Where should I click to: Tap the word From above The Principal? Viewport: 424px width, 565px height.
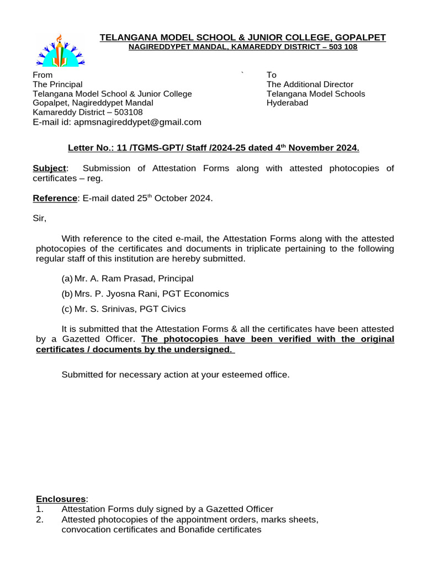click(x=43, y=75)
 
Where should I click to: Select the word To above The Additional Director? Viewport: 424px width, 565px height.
click(x=272, y=75)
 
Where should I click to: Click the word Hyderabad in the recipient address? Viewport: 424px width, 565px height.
click(x=287, y=103)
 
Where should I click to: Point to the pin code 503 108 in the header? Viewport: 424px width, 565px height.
click(x=342, y=47)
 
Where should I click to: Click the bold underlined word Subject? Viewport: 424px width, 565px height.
click(x=50, y=168)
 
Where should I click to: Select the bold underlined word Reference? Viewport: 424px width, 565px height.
click(x=55, y=198)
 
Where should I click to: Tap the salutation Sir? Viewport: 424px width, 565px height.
click(x=39, y=218)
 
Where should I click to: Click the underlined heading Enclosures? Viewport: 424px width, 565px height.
click(x=61, y=499)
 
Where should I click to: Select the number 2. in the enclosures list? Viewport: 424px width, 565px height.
click(x=39, y=520)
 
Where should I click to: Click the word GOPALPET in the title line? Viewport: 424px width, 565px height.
click(x=358, y=37)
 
